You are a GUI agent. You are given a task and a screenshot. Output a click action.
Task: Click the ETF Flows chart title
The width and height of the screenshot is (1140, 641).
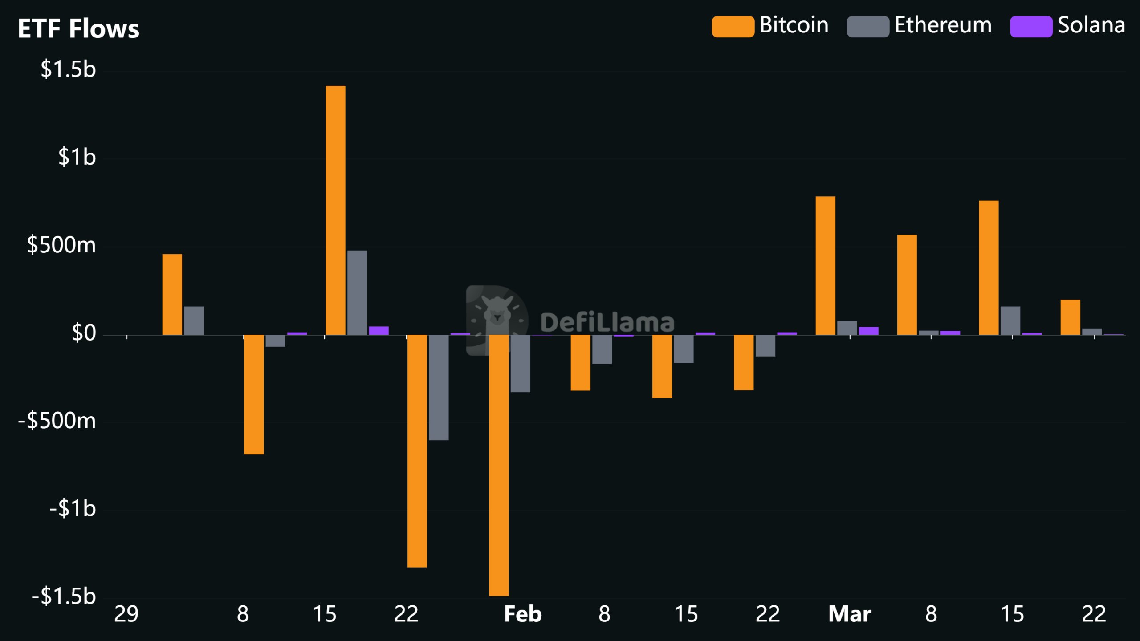click(x=78, y=29)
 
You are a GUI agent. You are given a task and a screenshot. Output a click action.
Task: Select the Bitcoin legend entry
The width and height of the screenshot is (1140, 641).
click(x=770, y=25)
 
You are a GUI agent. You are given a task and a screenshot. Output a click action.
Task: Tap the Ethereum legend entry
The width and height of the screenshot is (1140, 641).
click(x=919, y=25)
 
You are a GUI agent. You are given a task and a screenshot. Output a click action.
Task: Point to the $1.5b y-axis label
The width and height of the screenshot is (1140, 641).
click(x=68, y=69)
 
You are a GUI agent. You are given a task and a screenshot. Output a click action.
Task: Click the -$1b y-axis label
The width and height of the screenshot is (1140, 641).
click(x=72, y=508)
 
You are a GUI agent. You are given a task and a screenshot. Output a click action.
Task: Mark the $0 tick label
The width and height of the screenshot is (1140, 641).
click(x=84, y=333)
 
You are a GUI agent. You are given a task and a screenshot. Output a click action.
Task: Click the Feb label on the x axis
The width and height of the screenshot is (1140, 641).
click(x=522, y=614)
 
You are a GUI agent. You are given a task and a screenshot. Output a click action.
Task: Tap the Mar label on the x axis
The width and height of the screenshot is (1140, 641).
click(x=849, y=614)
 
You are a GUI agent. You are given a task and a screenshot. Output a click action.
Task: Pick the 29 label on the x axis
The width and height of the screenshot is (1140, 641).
click(x=126, y=614)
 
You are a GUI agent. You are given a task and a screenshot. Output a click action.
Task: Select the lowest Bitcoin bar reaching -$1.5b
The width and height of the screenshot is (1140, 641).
click(x=499, y=465)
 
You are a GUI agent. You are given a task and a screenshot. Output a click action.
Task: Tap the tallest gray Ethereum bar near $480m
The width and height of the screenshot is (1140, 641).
click(x=357, y=292)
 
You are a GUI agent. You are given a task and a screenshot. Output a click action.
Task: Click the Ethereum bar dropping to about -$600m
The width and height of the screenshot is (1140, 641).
click(x=439, y=387)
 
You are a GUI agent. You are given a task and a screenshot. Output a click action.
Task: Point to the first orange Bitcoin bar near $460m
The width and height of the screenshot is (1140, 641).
click(x=172, y=294)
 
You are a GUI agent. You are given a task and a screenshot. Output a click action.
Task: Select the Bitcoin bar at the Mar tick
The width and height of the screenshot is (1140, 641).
click(x=825, y=265)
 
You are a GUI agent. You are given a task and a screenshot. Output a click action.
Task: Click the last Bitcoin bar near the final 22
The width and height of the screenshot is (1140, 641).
click(x=1070, y=317)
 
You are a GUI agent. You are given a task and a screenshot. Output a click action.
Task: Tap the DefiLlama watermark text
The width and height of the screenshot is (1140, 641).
click(x=607, y=323)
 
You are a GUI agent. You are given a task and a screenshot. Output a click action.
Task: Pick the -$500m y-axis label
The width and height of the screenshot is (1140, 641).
click(x=57, y=421)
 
